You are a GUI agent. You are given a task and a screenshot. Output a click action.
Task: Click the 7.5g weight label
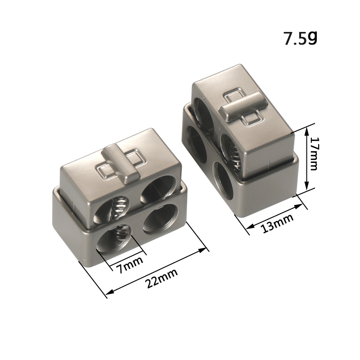(301, 38)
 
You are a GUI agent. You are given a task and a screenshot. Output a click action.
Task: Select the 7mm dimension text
(130, 265)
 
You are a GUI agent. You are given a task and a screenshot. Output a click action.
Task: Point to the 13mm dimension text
(278, 223)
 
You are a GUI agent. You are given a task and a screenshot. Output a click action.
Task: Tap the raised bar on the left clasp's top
(121, 164)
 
